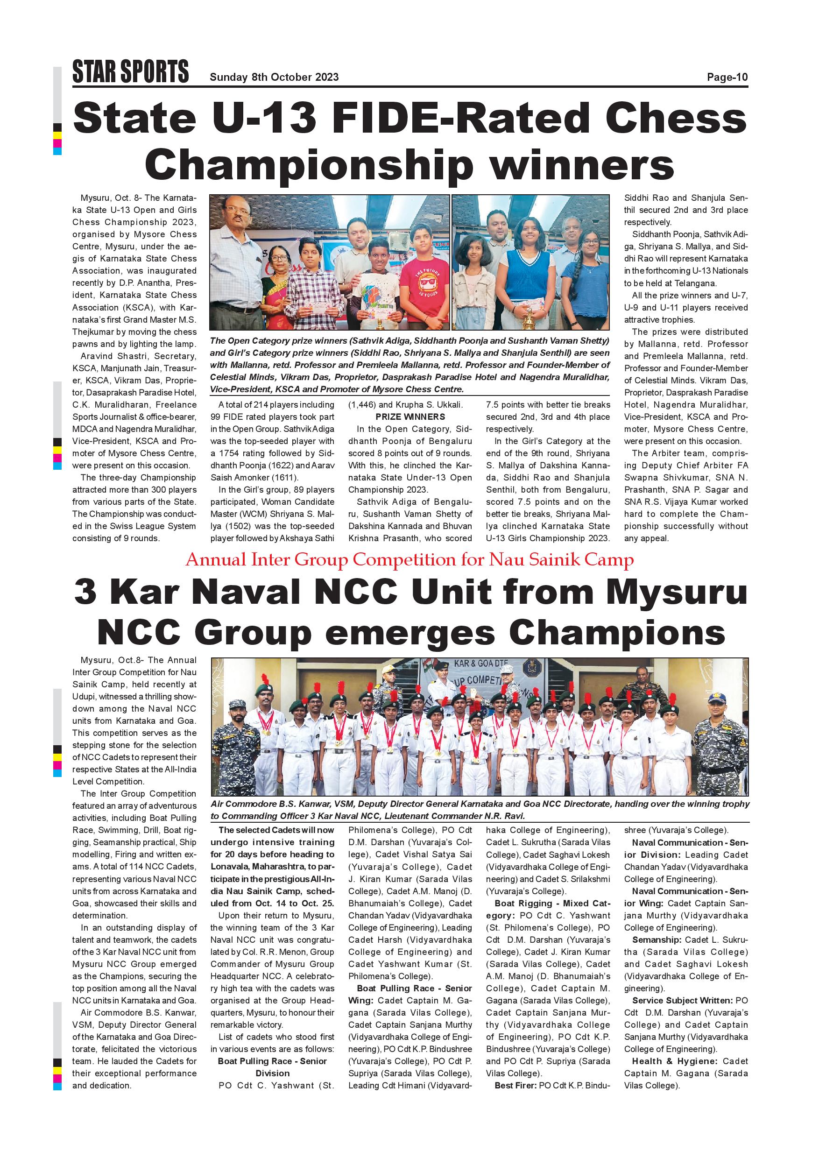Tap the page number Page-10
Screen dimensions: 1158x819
click(727, 77)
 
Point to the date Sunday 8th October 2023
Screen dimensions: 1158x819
click(274, 77)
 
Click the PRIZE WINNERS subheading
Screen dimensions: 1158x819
click(410, 417)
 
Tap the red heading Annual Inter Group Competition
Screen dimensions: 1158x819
click(409, 560)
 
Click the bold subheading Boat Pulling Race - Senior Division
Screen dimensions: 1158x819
click(272, 1067)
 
